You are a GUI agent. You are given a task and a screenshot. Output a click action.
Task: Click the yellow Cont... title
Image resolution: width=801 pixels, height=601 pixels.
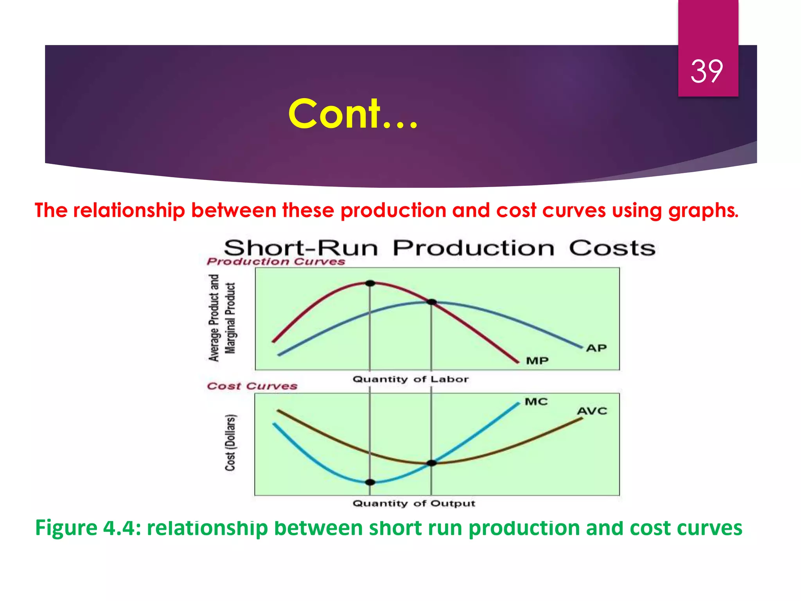(x=352, y=114)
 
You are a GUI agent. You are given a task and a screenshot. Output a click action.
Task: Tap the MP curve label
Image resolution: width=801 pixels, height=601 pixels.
(x=537, y=361)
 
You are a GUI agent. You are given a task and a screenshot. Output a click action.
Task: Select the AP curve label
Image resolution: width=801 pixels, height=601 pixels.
(x=596, y=348)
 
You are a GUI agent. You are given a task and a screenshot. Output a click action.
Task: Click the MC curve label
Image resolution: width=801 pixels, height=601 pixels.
(x=536, y=402)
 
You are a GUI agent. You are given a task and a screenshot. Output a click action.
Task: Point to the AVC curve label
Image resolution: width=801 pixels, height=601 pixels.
(x=592, y=411)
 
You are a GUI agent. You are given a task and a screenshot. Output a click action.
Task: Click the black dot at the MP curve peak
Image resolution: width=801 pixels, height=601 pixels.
(x=370, y=283)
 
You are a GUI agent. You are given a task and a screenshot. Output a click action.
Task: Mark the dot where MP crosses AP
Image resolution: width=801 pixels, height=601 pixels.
(x=431, y=302)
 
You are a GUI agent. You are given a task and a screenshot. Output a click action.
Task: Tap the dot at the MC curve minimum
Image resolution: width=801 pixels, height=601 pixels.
(x=370, y=482)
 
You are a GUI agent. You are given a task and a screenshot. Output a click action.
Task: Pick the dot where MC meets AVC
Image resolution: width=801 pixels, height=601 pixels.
(x=431, y=463)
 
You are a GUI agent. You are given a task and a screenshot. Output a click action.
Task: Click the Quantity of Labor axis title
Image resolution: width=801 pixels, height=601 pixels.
(x=410, y=379)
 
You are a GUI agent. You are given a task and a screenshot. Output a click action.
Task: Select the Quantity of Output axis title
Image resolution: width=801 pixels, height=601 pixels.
(x=414, y=503)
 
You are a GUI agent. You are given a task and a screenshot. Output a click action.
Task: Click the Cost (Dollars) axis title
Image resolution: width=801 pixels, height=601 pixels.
(x=230, y=442)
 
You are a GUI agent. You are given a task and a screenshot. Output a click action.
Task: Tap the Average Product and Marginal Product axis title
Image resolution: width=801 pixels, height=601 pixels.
(x=222, y=318)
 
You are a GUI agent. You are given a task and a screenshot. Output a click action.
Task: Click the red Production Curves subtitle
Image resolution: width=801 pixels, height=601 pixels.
(x=276, y=261)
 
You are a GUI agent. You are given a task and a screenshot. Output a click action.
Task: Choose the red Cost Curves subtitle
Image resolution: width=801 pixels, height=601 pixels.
(x=252, y=386)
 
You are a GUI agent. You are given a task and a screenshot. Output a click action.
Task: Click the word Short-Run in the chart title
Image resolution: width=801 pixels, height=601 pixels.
(x=301, y=248)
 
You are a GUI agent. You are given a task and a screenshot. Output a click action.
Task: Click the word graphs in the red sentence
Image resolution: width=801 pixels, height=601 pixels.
(x=703, y=211)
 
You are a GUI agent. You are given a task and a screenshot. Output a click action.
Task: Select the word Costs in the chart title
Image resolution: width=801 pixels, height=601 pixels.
(x=612, y=248)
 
